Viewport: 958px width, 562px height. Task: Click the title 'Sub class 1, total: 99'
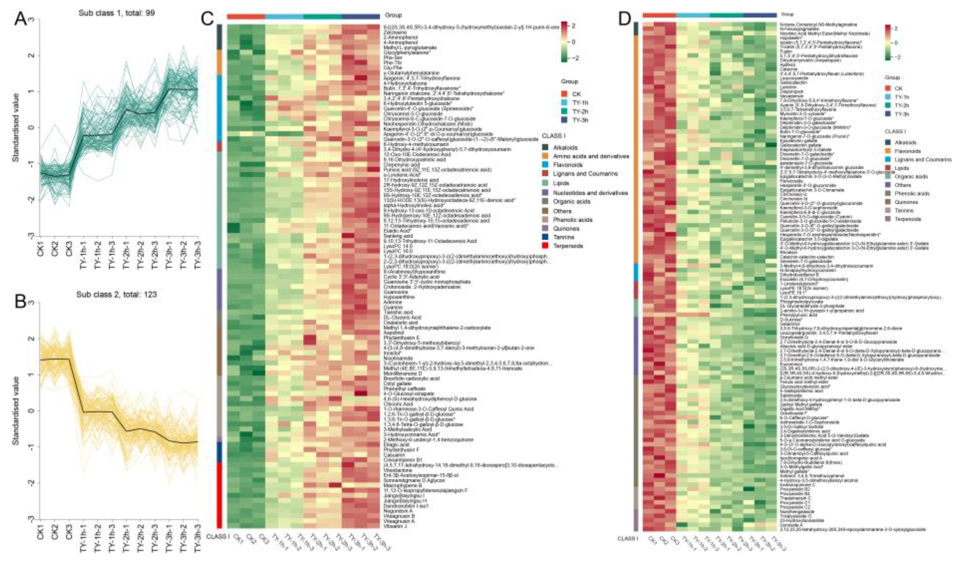(117, 13)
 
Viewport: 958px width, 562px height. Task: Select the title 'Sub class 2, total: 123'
(116, 294)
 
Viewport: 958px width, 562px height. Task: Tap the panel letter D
(624, 19)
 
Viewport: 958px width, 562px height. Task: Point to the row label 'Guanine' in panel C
(393, 307)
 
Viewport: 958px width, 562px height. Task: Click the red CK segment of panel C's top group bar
(246, 16)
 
